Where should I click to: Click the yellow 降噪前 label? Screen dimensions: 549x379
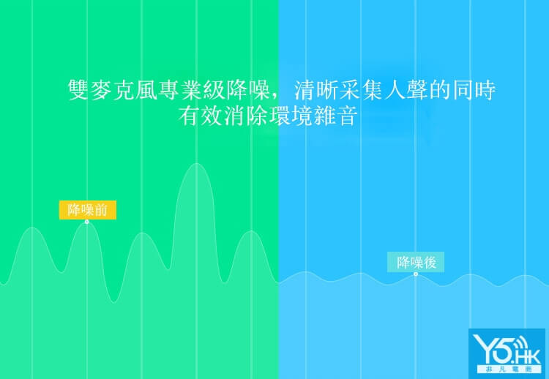tap(88, 210)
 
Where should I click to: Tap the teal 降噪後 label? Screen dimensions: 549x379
tap(416, 262)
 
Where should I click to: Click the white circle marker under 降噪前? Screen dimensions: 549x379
tap(87, 222)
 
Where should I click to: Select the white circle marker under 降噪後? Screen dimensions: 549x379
tap(416, 274)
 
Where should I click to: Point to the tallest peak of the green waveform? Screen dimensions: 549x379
tap(197, 164)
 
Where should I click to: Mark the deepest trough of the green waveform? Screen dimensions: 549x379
tap(113, 301)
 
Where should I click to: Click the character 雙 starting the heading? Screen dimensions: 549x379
tap(78, 90)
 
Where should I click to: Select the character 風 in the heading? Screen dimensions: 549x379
tap(146, 90)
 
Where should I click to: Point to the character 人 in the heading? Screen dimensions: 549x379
tap(395, 90)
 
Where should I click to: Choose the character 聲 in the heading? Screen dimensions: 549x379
tap(417, 90)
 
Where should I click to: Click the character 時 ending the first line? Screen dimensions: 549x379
tap(485, 90)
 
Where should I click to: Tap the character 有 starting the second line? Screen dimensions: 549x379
tap(189, 116)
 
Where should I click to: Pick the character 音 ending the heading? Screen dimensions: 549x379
tap(347, 116)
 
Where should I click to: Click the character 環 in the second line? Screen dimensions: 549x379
tap(279, 116)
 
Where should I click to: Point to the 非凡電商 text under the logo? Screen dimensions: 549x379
tap(509, 369)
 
